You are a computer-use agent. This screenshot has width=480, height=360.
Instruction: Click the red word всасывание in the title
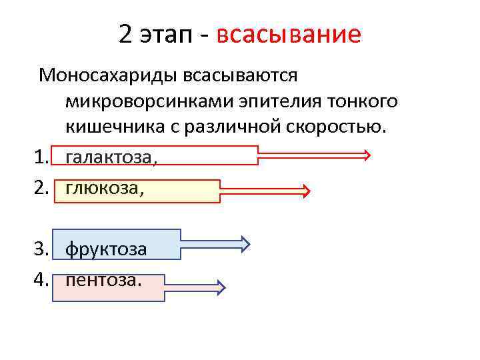[x=289, y=34]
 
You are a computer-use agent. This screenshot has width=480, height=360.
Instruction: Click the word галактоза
[x=112, y=156]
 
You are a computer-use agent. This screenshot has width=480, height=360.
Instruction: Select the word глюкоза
[x=104, y=189]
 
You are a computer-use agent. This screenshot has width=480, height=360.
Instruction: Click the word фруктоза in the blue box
[x=107, y=249]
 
